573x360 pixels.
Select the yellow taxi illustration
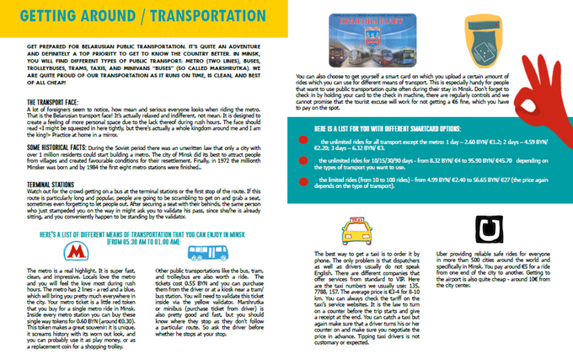(356, 228)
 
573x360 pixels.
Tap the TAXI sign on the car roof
(356, 220)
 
